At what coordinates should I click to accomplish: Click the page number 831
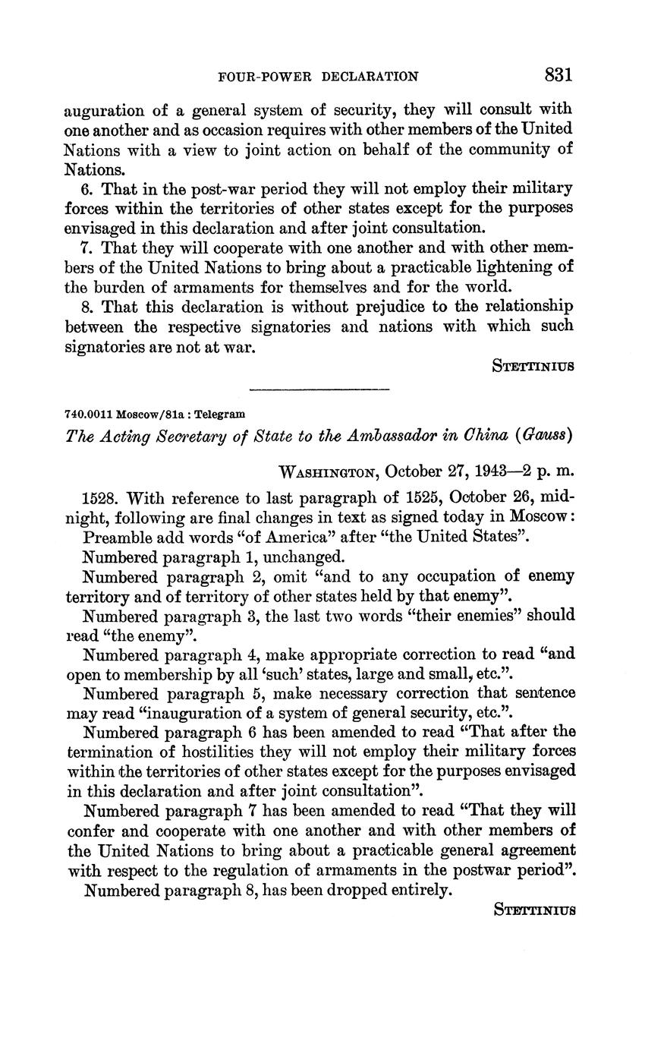click(x=557, y=74)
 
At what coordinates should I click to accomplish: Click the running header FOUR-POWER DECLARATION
click(x=318, y=77)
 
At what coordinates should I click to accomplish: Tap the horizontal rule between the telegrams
click(x=319, y=389)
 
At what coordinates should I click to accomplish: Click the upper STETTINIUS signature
click(x=533, y=366)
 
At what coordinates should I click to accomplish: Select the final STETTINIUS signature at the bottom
click(x=533, y=909)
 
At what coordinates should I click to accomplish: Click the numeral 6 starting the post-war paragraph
click(x=87, y=188)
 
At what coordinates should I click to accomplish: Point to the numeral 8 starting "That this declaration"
click(x=87, y=306)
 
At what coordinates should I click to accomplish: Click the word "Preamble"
click(x=114, y=537)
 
